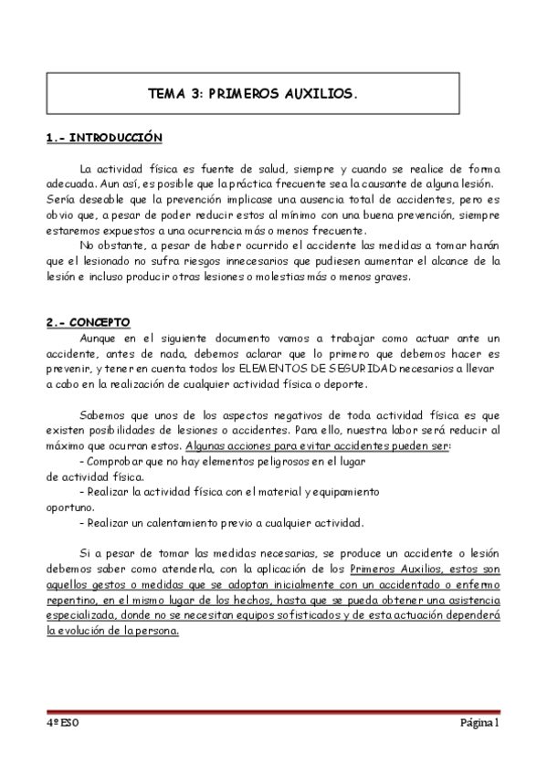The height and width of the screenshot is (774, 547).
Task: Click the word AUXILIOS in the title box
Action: [x=320, y=93]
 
